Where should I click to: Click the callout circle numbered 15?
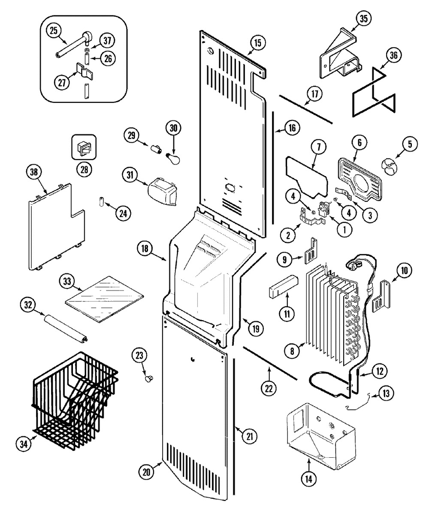click(257, 43)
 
